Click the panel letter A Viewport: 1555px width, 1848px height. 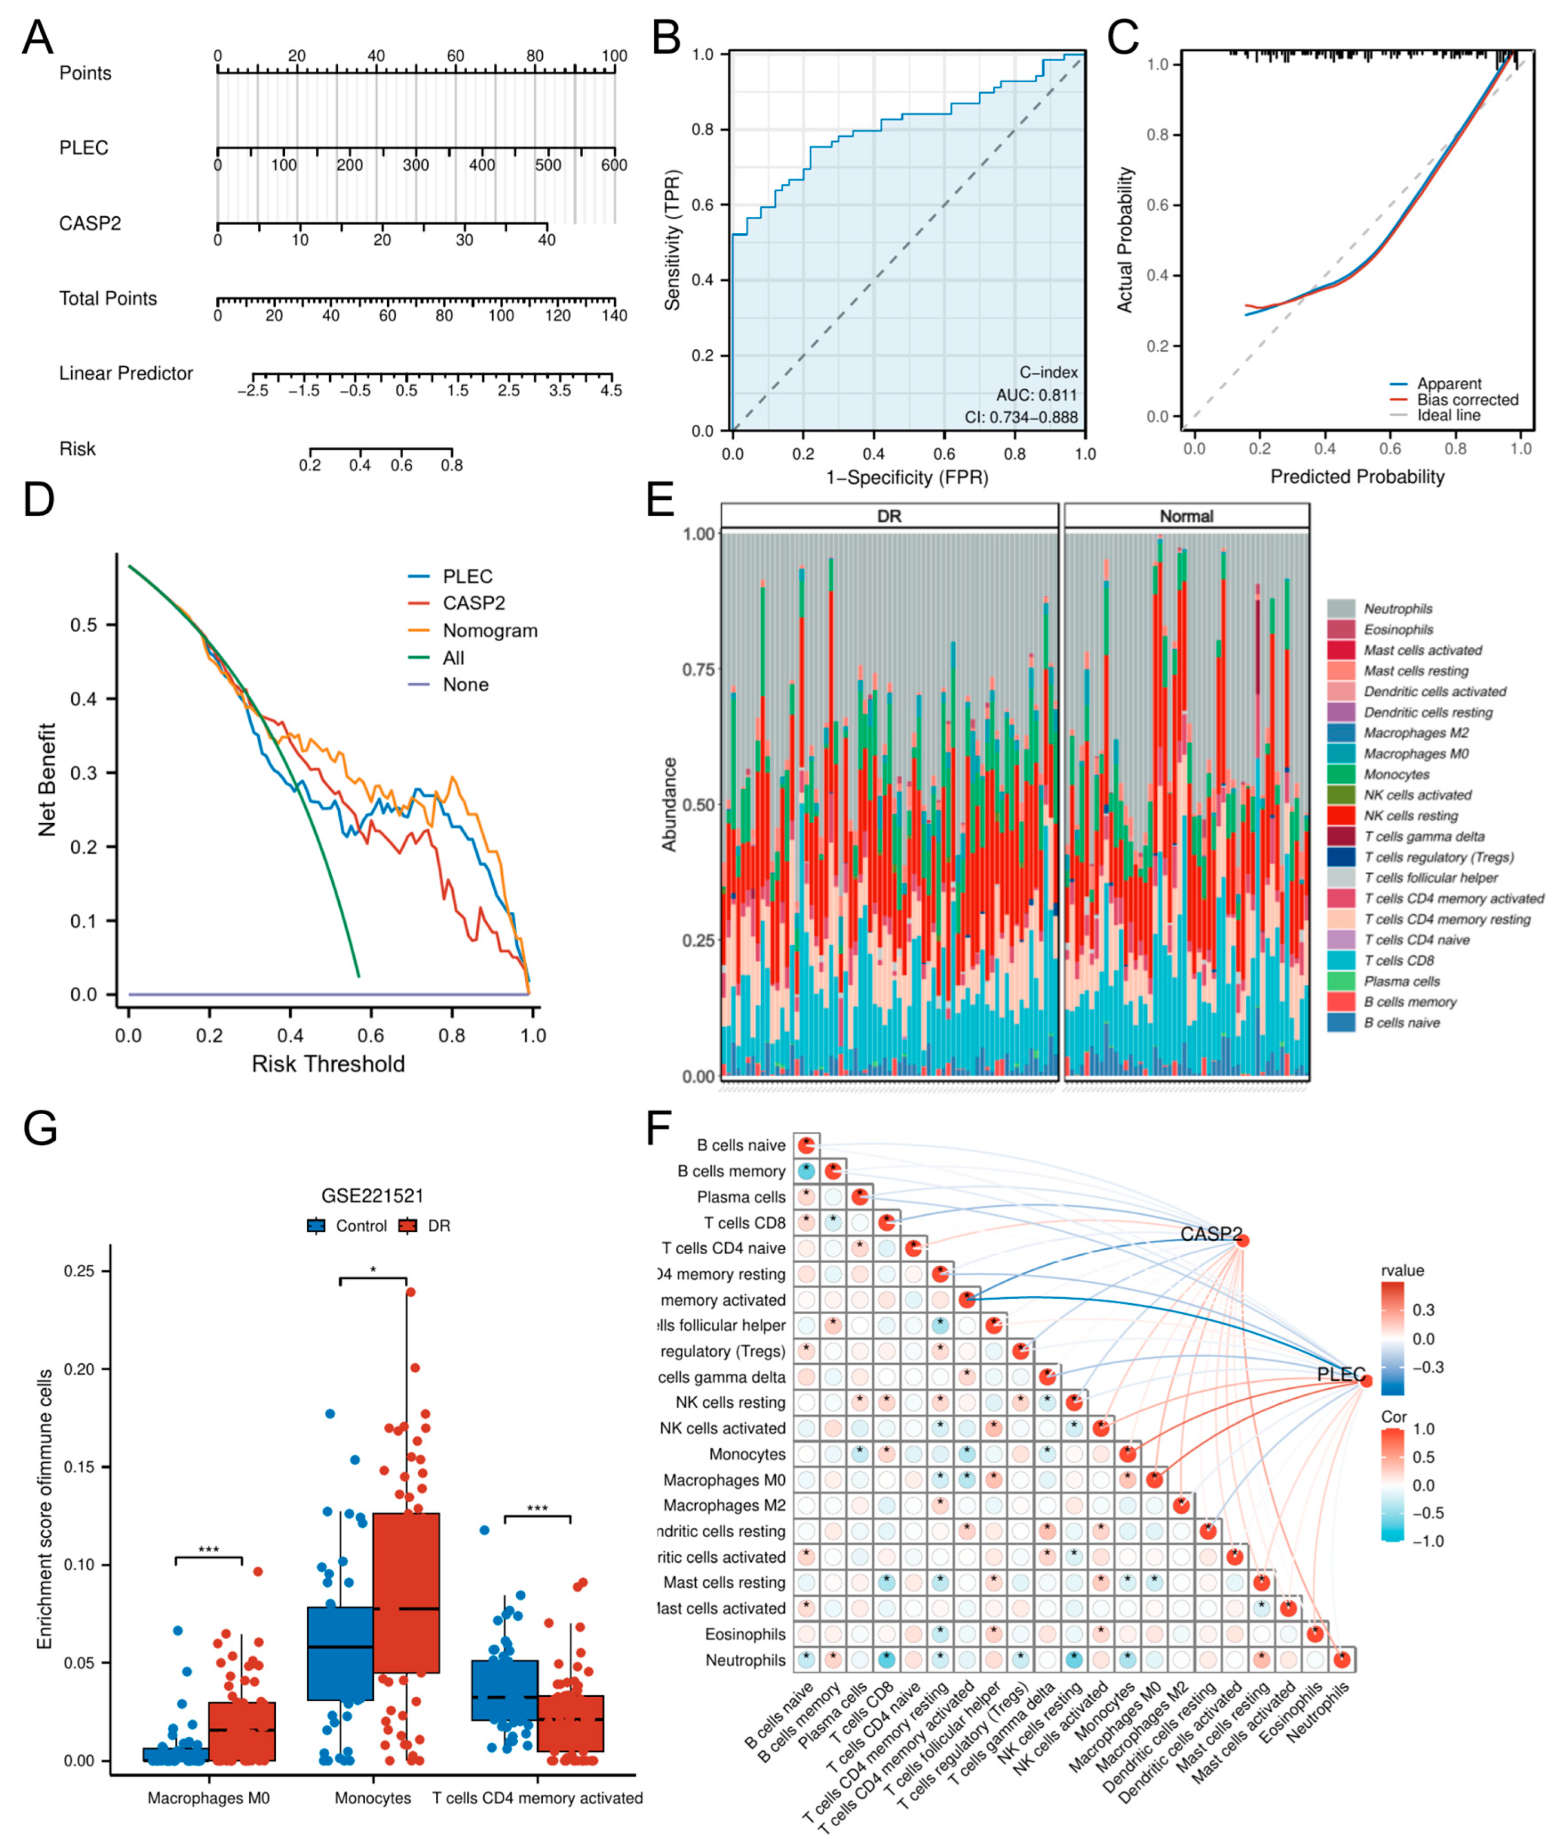point(37,37)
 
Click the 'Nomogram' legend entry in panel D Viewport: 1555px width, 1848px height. point(489,630)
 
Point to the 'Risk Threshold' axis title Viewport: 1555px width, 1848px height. point(328,1064)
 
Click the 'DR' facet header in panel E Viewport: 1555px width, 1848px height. point(889,515)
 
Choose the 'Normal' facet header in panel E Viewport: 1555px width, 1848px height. point(1186,515)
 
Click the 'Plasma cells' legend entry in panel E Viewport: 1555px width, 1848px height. point(1402,981)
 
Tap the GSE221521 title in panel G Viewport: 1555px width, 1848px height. point(372,1196)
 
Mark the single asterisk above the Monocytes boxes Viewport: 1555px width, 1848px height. point(373,1270)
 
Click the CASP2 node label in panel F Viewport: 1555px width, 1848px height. point(1210,1234)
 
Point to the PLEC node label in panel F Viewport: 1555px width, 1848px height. point(1340,1374)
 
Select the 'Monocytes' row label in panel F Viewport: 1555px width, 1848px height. point(747,1453)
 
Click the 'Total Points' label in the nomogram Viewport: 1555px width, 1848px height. point(107,299)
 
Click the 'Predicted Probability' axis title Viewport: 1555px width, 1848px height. point(1356,477)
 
